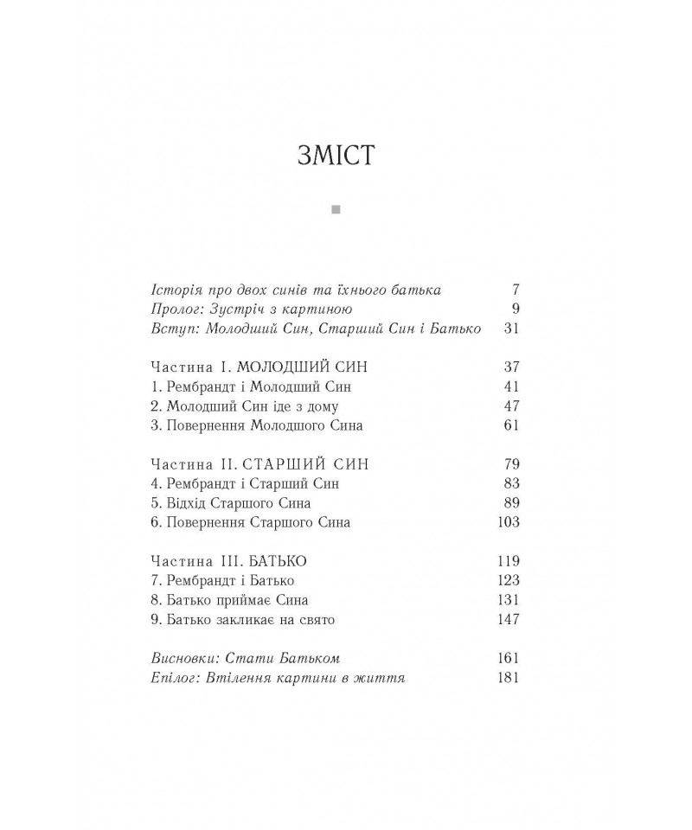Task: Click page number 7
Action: (514, 290)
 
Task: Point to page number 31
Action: (510, 329)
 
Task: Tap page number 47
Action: (510, 406)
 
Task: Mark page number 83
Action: (510, 484)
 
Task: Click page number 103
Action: (508, 522)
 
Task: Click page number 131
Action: (508, 600)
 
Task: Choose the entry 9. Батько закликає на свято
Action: (242, 619)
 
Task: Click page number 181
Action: (508, 678)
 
